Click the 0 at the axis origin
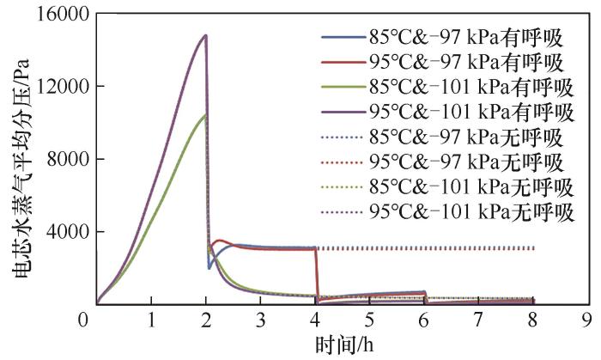click(x=83, y=320)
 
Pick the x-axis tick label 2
click(x=206, y=320)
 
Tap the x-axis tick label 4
click(x=316, y=320)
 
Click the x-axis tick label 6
click(x=425, y=320)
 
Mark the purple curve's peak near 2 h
click(x=206, y=35)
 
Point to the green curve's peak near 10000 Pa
click(x=205, y=115)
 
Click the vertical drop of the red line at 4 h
click(x=317, y=275)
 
